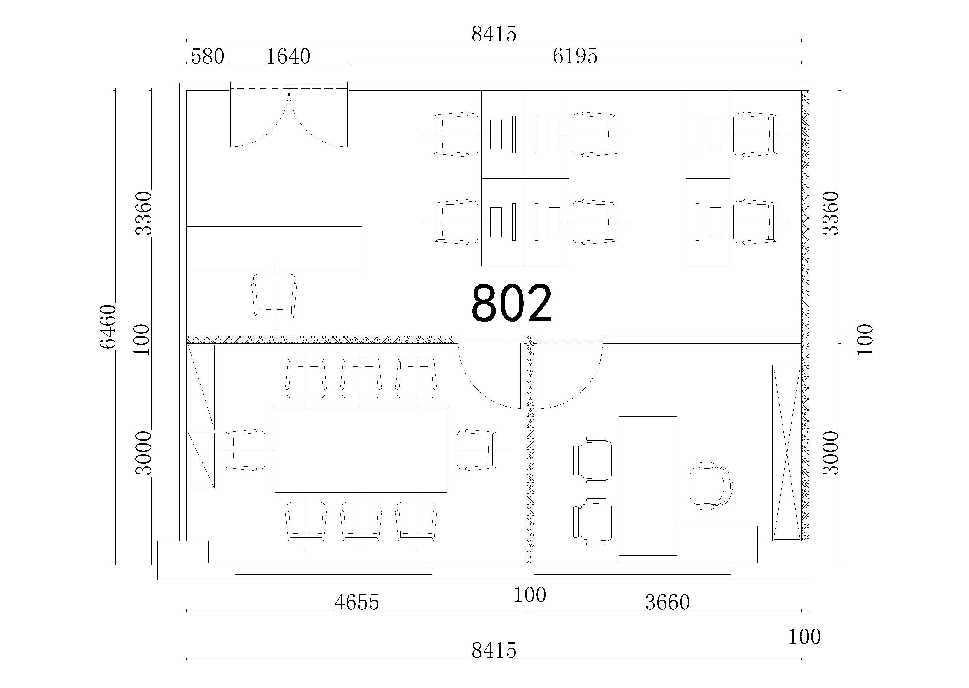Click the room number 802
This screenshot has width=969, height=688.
tap(511, 303)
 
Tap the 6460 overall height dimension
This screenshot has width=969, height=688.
tap(108, 326)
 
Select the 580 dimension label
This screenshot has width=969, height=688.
tap(207, 56)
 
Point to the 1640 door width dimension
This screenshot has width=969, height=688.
tap(288, 56)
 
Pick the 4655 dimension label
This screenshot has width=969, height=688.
tap(357, 602)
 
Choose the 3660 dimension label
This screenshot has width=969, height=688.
tap(668, 602)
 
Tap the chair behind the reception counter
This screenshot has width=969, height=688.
tap(274, 296)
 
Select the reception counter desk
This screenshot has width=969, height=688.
tap(274, 248)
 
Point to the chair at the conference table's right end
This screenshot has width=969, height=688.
tap(477, 450)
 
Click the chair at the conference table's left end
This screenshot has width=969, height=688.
tap(245, 450)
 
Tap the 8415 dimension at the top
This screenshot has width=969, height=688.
tap(494, 34)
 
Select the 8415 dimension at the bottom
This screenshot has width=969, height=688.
tap(494, 650)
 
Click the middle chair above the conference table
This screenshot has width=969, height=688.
tap(361, 378)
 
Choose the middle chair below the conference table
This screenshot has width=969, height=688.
tap(361, 522)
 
